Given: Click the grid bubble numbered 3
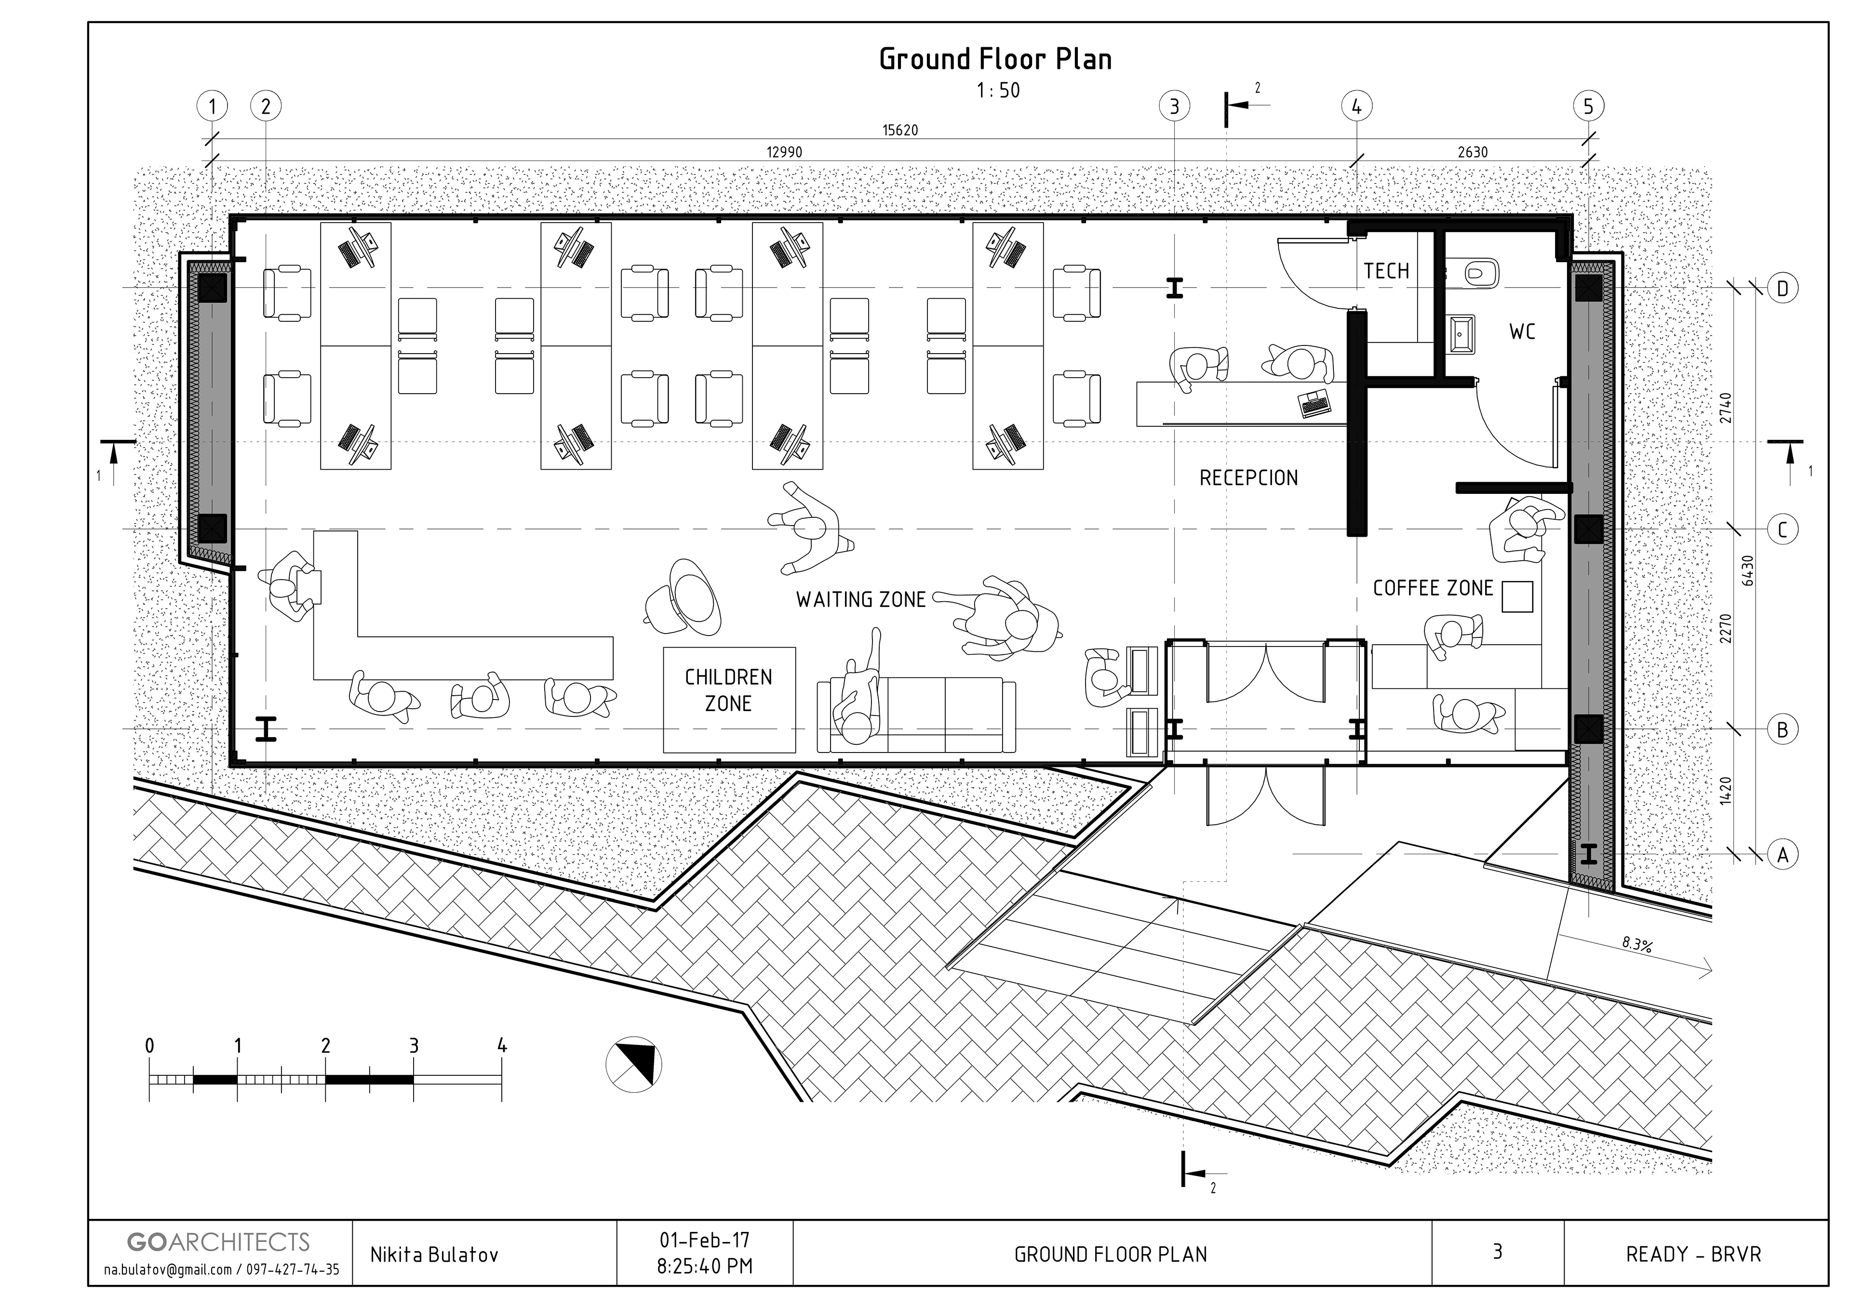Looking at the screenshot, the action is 1174,106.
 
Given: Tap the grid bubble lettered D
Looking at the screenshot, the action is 1783,289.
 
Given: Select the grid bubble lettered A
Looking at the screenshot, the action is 1783,854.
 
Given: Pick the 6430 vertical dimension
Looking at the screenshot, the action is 1748,570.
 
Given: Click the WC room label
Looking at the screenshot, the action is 1522,332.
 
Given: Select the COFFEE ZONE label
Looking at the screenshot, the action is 1434,588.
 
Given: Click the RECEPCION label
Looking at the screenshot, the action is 1249,478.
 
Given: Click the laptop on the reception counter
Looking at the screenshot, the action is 1315,403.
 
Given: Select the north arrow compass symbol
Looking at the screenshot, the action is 634,1064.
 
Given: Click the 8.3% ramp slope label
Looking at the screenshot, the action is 1636,945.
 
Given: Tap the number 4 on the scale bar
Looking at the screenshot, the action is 502,1046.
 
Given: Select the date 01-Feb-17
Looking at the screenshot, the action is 705,1239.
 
